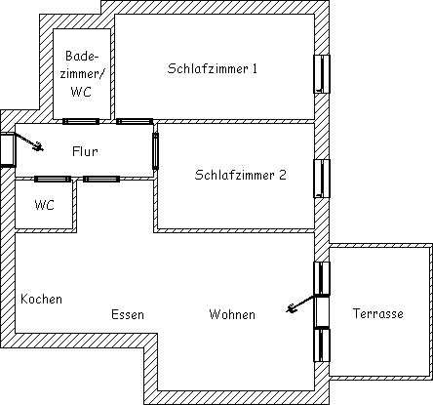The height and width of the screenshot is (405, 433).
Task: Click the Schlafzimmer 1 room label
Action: click(x=213, y=68)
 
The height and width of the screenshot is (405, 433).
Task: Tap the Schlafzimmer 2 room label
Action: click(x=240, y=175)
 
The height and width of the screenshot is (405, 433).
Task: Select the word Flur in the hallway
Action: click(x=85, y=151)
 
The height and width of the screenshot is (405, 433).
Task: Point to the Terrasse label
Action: click(x=378, y=313)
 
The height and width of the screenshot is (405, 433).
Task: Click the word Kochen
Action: click(x=41, y=299)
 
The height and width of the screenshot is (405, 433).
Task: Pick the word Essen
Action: click(x=128, y=314)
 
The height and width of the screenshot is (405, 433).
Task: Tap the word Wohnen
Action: click(x=232, y=314)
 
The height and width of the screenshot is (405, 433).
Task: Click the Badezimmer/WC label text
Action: click(x=81, y=74)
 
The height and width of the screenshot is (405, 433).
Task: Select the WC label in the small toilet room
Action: click(x=44, y=205)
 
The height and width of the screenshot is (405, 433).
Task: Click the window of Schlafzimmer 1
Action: click(x=322, y=74)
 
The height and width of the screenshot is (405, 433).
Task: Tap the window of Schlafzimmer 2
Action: click(x=322, y=179)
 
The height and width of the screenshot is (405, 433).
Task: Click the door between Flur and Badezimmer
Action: click(x=81, y=121)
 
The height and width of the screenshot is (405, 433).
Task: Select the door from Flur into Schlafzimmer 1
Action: click(x=135, y=121)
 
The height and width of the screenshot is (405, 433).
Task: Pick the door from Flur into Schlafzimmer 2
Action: click(x=156, y=151)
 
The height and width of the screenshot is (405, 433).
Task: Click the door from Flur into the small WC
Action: click(x=53, y=179)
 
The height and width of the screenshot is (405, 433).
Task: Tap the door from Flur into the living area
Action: click(x=101, y=179)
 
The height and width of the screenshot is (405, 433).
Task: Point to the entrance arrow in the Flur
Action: click(x=28, y=142)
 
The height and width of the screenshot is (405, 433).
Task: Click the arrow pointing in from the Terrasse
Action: click(x=300, y=304)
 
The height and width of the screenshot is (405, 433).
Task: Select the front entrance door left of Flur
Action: click(x=7, y=150)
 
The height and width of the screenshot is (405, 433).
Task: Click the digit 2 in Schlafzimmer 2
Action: click(x=283, y=175)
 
